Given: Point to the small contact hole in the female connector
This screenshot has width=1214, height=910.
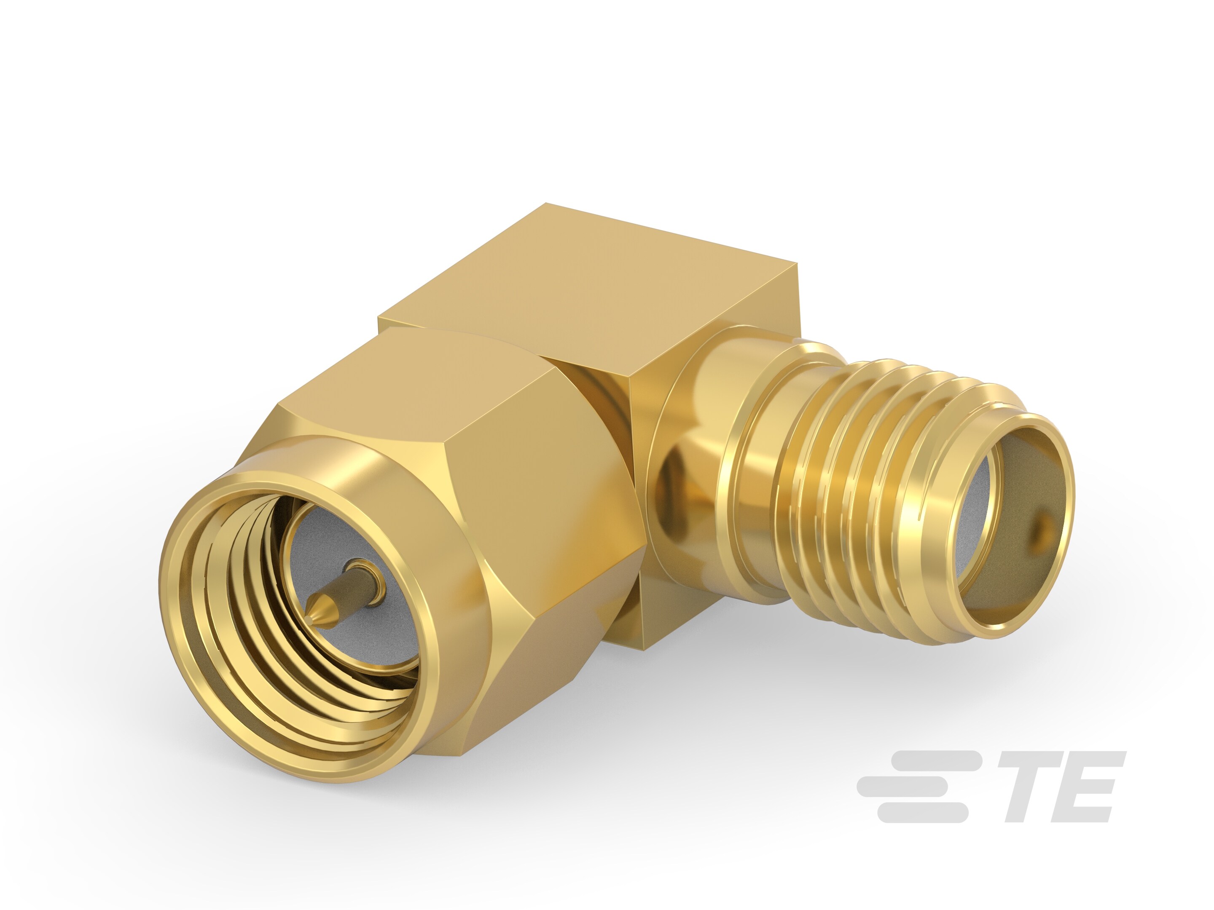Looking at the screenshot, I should [x=1042, y=531].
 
